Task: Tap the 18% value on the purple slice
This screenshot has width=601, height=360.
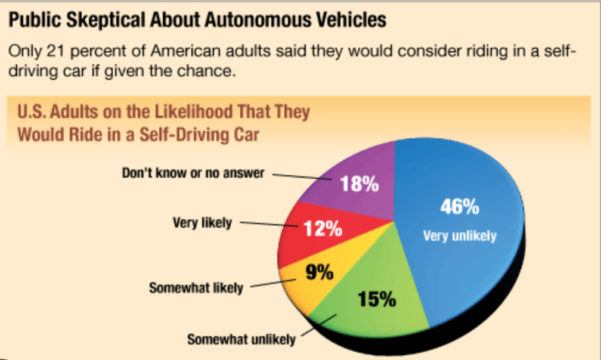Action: pyautogui.click(x=360, y=184)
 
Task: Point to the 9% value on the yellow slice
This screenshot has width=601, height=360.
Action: pyautogui.click(x=319, y=273)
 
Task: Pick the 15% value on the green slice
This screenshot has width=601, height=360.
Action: pyautogui.click(x=377, y=298)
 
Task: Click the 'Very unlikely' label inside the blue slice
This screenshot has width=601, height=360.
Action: pyautogui.click(x=459, y=236)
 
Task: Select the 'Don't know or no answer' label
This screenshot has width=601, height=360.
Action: pyautogui.click(x=193, y=173)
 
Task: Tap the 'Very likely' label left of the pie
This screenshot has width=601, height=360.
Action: pyautogui.click(x=202, y=224)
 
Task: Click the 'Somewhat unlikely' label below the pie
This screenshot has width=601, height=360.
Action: pyautogui.click(x=241, y=340)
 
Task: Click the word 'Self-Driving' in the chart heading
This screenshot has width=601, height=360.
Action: pyautogui.click(x=185, y=134)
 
